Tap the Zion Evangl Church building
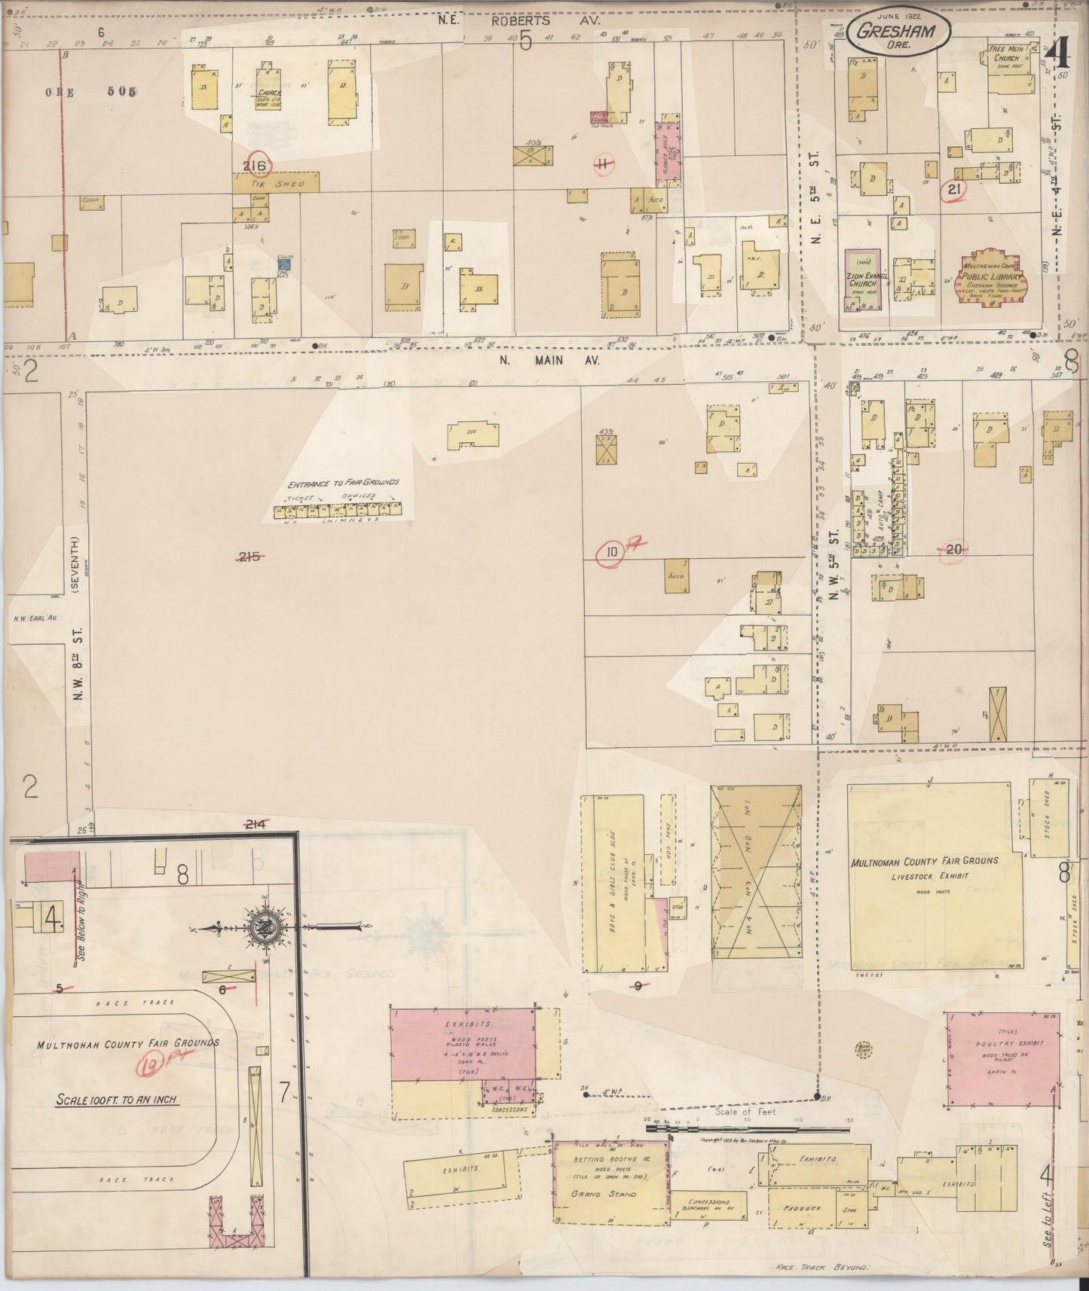click(x=863, y=279)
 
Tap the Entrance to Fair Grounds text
click(x=342, y=482)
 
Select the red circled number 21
click(x=954, y=190)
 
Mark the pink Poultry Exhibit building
click(x=1002, y=1058)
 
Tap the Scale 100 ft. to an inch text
click(x=117, y=1099)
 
